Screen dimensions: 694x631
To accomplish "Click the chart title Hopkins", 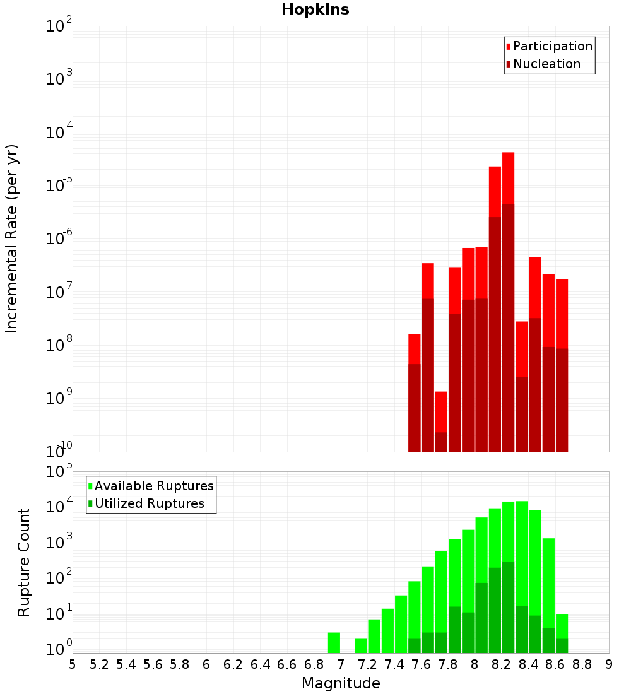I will pyautogui.click(x=315, y=9).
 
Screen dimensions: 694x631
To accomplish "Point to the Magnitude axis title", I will pyautogui.click(x=341, y=683).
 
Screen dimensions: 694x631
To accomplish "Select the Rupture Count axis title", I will pyautogui.click(x=24, y=562).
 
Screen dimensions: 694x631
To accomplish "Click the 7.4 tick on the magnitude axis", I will pyautogui.click(x=394, y=664).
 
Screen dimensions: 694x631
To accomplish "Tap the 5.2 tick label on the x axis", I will pyautogui.click(x=99, y=664).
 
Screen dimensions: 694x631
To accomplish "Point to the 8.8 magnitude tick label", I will pyautogui.click(x=582, y=664).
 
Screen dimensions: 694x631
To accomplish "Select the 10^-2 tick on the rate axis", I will pyautogui.click(x=60, y=26).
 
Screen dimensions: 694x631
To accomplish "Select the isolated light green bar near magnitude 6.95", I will pyautogui.click(x=334, y=642).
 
